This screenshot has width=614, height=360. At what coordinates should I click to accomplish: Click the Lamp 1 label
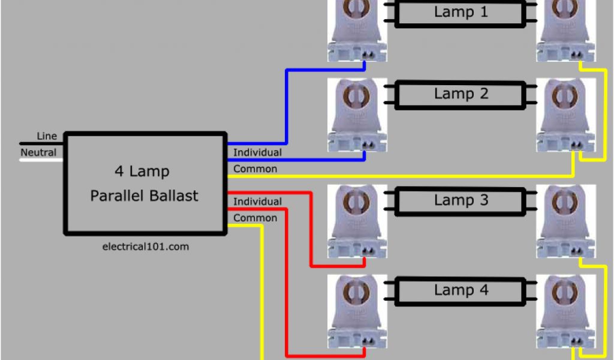[460, 12]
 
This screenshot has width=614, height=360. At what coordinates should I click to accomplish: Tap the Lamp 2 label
[460, 94]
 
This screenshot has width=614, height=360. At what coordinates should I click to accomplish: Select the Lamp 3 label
[460, 200]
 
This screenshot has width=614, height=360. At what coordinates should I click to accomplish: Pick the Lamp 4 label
[460, 290]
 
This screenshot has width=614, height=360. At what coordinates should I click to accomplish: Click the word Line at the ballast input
[47, 136]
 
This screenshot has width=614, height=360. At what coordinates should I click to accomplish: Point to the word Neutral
[38, 152]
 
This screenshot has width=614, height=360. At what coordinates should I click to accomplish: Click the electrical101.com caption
[146, 246]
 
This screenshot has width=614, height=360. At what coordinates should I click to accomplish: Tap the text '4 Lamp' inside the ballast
[142, 172]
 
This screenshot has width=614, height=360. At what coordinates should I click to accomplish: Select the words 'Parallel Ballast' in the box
[144, 196]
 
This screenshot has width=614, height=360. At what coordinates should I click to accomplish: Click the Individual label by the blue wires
[257, 152]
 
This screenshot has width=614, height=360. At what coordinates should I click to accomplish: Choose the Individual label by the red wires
[257, 202]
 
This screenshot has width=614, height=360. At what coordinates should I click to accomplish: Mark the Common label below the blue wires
[255, 169]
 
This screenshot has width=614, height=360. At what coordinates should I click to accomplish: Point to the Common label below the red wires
[255, 218]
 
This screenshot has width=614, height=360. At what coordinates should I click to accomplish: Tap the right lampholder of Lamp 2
[566, 115]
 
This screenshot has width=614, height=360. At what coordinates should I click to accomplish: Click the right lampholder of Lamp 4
[566, 311]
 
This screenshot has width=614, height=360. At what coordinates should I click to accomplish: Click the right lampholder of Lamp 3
[566, 221]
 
